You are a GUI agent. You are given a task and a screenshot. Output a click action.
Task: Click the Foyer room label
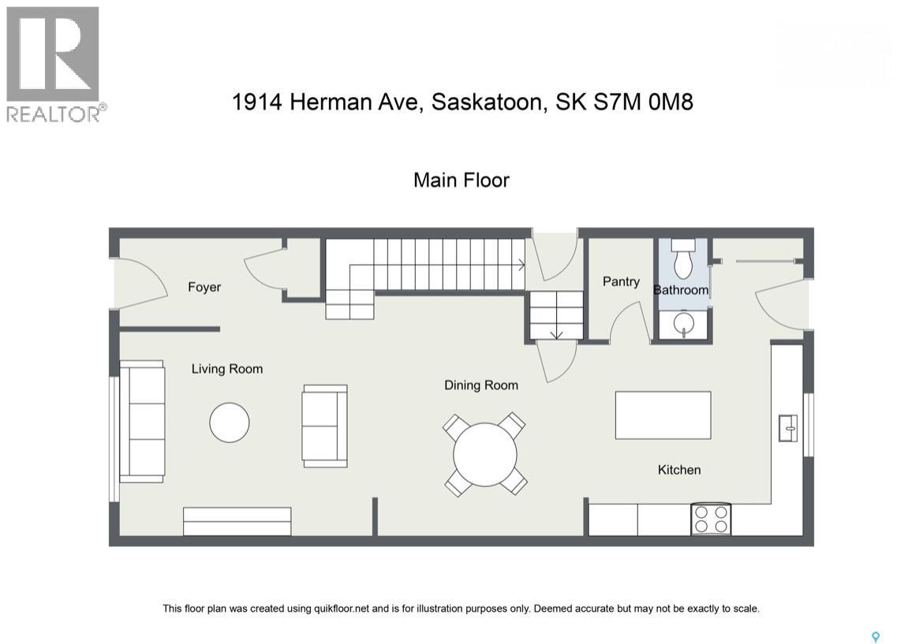204,287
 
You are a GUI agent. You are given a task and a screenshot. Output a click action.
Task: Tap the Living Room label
227,368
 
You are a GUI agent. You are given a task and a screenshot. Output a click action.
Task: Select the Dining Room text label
481,385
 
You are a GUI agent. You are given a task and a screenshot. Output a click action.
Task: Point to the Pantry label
621,281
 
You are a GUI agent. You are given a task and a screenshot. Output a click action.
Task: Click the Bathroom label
681,289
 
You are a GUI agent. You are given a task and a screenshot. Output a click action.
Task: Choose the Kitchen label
679,470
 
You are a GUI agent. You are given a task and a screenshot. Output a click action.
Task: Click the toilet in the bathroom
683,259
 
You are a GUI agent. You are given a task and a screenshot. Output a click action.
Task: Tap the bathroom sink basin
683,323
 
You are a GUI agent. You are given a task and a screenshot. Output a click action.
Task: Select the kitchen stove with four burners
711,519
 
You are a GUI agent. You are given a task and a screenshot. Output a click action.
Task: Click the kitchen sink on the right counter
787,428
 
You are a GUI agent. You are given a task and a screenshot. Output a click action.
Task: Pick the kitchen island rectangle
663,415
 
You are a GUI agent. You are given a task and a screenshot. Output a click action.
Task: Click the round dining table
485,454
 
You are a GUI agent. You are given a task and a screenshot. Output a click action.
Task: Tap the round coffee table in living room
230,423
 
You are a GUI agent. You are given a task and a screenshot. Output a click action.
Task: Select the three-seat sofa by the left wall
142,421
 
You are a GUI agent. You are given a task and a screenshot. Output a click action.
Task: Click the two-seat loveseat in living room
324,426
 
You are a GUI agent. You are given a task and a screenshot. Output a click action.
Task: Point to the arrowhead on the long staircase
522,265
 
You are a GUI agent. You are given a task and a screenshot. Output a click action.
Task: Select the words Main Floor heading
461,180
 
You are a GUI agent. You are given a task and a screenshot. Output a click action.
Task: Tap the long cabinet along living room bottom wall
237,521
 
